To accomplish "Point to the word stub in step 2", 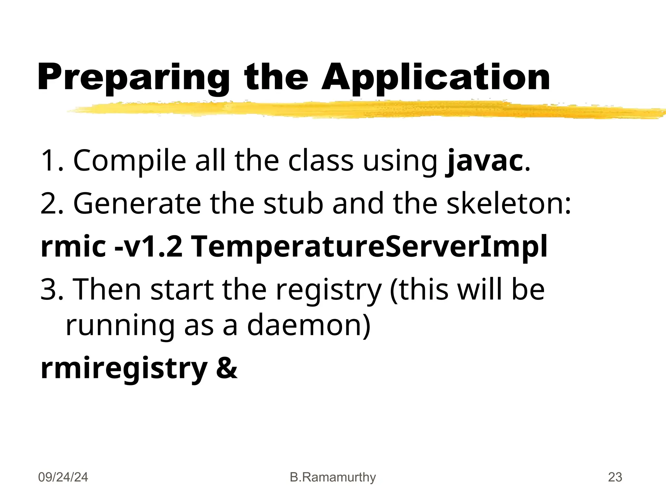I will click(x=293, y=203).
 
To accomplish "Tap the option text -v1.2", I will click(x=148, y=246).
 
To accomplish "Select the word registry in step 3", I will click(x=328, y=290).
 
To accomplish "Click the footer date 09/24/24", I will click(x=63, y=477).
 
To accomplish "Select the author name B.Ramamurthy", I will click(x=333, y=477).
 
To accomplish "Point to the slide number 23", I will click(x=615, y=477).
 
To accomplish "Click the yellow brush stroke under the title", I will click(x=358, y=110).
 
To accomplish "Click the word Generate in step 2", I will click(x=137, y=203).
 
